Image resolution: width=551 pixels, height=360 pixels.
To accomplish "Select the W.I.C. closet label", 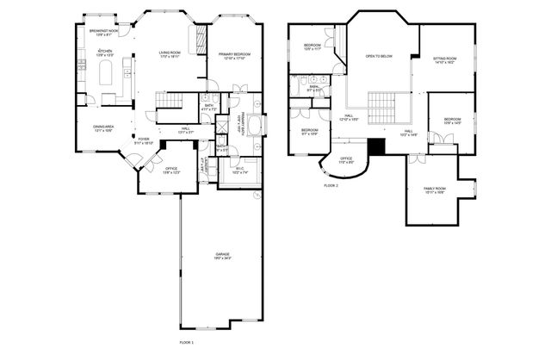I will [x=240, y=170].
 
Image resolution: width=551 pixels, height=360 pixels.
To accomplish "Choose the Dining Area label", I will [x=104, y=129].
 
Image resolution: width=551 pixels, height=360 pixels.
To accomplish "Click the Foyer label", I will [x=144, y=140].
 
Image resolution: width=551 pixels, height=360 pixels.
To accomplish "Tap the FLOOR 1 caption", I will [x=186, y=342].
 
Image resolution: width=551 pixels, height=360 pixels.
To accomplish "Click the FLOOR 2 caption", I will [x=331, y=185].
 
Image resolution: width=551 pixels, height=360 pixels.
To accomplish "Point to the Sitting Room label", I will [x=445, y=60].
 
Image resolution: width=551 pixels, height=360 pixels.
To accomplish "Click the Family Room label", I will [x=434, y=190].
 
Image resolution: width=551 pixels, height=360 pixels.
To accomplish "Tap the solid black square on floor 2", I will [x=375, y=146].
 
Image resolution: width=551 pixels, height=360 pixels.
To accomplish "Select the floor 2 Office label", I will [x=345, y=160].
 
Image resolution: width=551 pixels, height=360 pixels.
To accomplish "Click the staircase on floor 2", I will [x=382, y=106].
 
